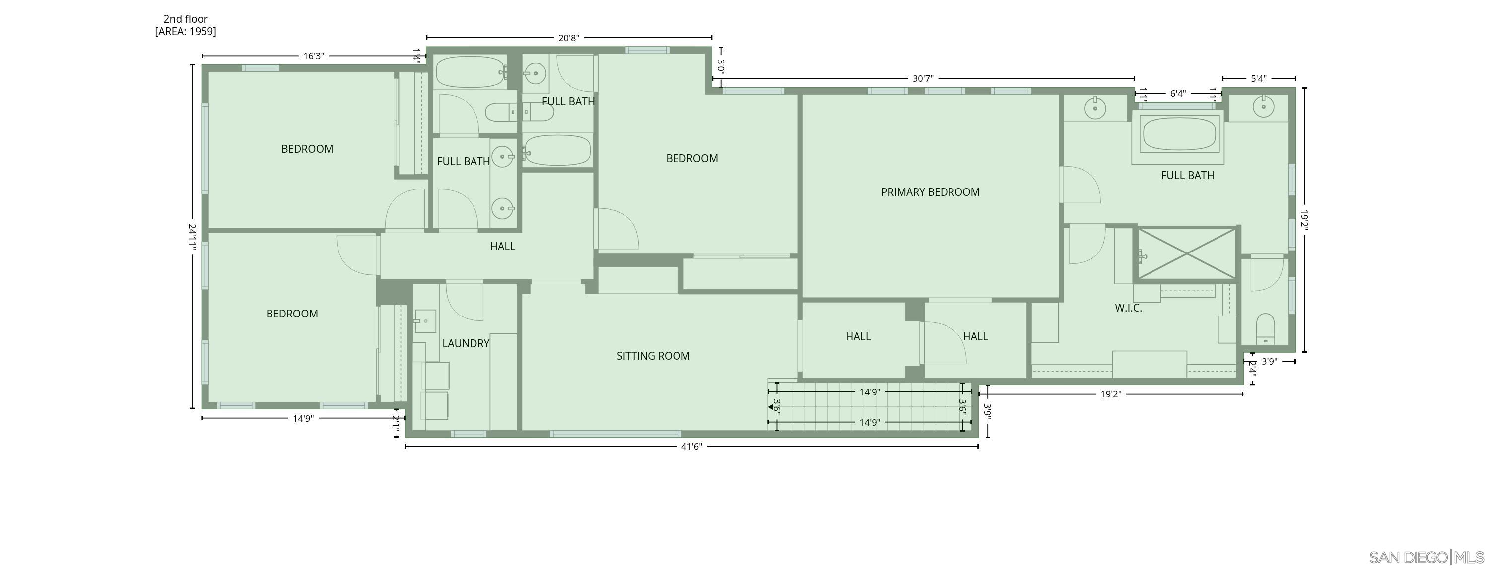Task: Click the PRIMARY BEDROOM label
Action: tap(930, 192)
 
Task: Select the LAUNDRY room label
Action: tap(466, 343)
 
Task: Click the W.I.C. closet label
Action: tap(1128, 308)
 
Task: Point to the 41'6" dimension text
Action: tap(691, 446)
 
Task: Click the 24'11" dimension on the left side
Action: tap(193, 237)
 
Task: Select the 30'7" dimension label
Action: tap(923, 78)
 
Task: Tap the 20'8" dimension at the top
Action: tap(568, 38)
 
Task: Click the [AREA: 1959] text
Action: tap(186, 31)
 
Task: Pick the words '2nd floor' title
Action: tap(186, 19)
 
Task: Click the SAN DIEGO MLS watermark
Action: tap(1426, 557)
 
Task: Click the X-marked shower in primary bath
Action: tap(1187, 253)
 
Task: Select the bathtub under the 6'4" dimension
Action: tap(1180, 134)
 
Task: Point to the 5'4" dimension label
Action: tap(1258, 78)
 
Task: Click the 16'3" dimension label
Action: tap(313, 56)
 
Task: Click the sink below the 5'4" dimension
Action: tap(1264, 106)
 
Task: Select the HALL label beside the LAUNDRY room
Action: tap(502, 246)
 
